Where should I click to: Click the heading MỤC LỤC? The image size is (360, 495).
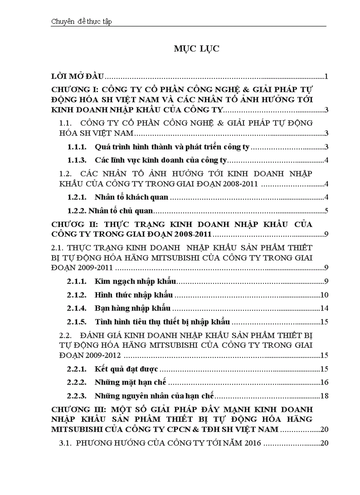click(196, 49)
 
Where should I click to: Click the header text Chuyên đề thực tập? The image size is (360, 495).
click(82, 22)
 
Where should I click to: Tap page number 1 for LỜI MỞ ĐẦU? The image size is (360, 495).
click(326, 77)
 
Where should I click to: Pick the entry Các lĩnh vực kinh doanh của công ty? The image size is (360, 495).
click(161, 160)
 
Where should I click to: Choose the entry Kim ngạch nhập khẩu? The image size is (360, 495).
click(135, 281)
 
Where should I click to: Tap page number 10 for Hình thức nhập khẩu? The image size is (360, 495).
click(324, 294)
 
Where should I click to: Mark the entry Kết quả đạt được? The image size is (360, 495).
click(126, 368)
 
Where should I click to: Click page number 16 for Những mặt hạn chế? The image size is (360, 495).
click(324, 382)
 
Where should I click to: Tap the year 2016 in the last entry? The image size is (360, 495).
click(252, 443)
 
